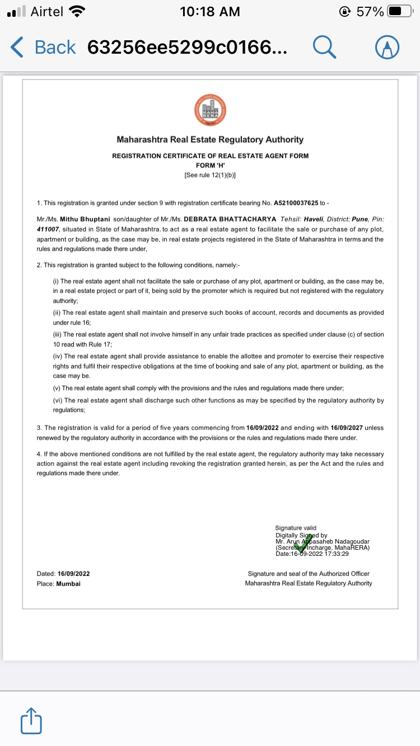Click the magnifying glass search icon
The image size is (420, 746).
click(324, 47)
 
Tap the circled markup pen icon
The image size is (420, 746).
click(387, 47)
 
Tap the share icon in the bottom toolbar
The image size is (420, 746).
click(31, 721)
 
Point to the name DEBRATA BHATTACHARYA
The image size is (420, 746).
click(230, 219)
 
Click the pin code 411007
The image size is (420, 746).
click(48, 229)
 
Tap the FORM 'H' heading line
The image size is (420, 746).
click(210, 166)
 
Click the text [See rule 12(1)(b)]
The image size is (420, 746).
click(210, 175)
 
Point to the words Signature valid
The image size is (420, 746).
click(296, 528)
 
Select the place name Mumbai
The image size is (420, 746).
click(68, 583)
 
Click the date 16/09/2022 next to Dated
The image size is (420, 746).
click(73, 574)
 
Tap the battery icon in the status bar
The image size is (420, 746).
click(400, 11)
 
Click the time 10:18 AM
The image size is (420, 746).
click(210, 11)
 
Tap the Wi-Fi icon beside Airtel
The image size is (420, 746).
click(76, 11)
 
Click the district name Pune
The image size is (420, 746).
click(360, 219)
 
